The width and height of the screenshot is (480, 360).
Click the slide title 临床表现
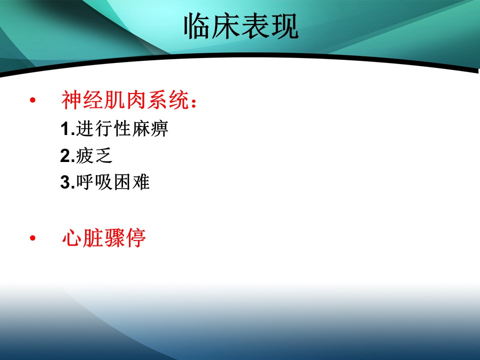click(x=241, y=26)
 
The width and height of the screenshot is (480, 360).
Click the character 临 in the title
click(x=197, y=26)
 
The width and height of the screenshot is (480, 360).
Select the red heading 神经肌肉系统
click(x=125, y=100)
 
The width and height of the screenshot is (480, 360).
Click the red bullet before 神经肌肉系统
click(x=33, y=100)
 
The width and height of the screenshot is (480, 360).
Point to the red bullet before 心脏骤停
click(x=33, y=238)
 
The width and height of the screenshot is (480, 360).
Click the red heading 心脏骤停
click(x=104, y=238)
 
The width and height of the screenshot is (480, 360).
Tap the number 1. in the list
click(x=67, y=128)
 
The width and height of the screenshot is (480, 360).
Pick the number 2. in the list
click(x=67, y=155)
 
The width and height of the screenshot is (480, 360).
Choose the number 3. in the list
click(x=67, y=182)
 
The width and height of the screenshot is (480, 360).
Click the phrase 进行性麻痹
click(x=122, y=128)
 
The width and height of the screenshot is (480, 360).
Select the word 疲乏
click(x=94, y=155)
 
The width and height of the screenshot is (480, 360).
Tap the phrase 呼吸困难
click(x=113, y=182)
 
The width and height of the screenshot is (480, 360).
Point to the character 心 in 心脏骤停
click(x=72, y=238)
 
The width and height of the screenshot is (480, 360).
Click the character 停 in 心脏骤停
click(x=136, y=238)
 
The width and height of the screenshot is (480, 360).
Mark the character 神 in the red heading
click(x=71, y=100)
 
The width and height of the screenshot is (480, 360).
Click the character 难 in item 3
click(x=141, y=182)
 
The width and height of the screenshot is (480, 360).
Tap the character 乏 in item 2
click(x=104, y=155)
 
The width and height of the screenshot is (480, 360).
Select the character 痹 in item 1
click(x=159, y=128)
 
